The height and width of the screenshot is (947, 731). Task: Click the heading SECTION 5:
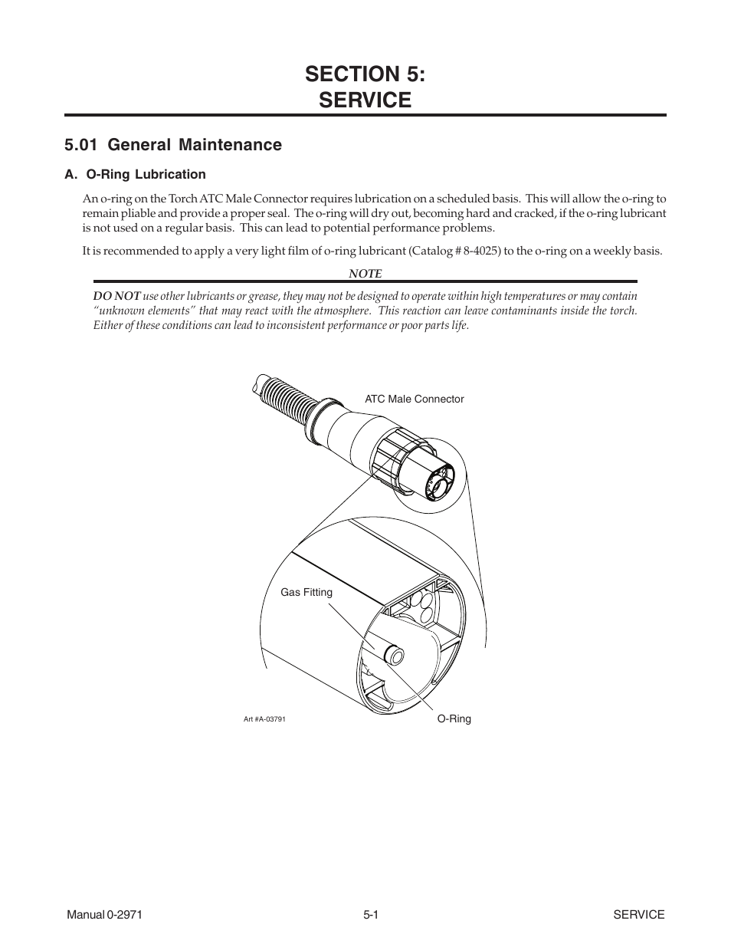pyautogui.click(x=365, y=74)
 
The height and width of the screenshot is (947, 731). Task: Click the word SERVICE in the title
pyautogui.click(x=365, y=100)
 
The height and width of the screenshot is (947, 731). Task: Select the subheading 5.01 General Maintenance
pyautogui.click(x=173, y=145)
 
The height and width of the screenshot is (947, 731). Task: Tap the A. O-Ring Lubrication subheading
pyautogui.click(x=135, y=174)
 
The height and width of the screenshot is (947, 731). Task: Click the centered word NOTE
pyautogui.click(x=365, y=273)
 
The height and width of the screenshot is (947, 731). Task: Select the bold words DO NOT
pyautogui.click(x=116, y=296)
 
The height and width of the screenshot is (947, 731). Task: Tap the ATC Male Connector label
pyautogui.click(x=414, y=399)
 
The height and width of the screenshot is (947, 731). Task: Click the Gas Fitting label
pyautogui.click(x=306, y=592)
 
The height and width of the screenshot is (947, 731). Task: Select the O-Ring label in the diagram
pyautogui.click(x=454, y=718)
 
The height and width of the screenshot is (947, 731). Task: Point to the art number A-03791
pyautogui.click(x=264, y=719)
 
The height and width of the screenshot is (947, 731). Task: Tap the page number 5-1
pyautogui.click(x=372, y=914)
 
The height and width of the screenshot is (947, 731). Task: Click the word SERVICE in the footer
pyautogui.click(x=638, y=914)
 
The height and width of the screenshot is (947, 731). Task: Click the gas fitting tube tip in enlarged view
pyautogui.click(x=395, y=655)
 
